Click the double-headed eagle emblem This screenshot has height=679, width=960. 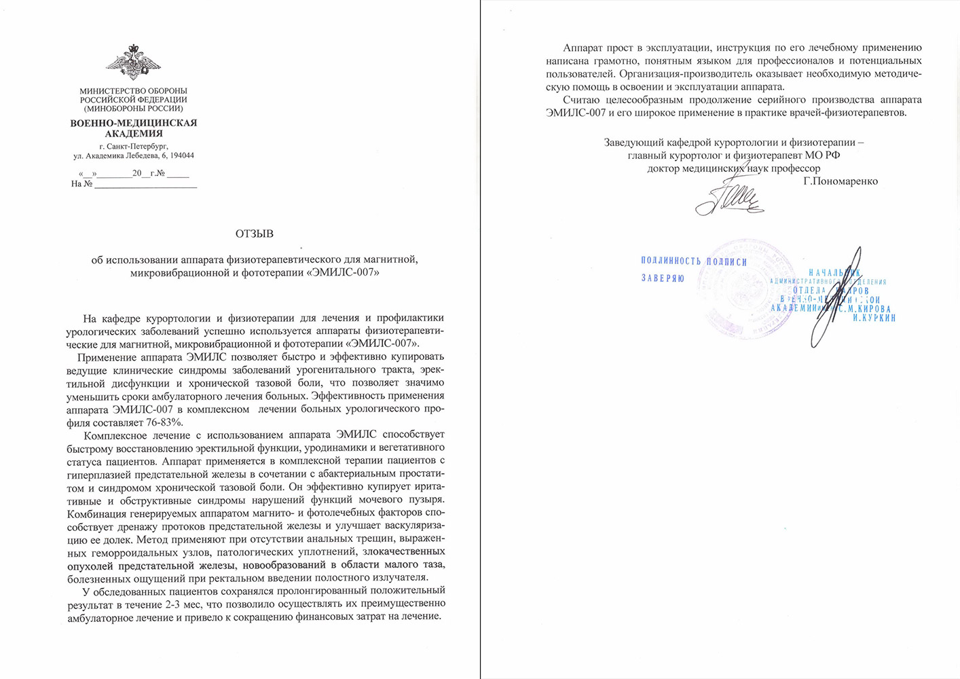point(133,62)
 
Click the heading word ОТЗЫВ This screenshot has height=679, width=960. point(255,234)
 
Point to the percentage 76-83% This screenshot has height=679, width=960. point(162,422)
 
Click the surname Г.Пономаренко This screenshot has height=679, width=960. point(840,181)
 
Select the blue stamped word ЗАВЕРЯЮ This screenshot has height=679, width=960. point(663,278)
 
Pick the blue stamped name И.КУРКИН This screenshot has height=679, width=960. point(874,318)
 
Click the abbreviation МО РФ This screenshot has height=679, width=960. point(823,155)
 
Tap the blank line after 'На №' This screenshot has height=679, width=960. point(145,184)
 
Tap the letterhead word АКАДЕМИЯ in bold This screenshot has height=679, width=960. point(134,134)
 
